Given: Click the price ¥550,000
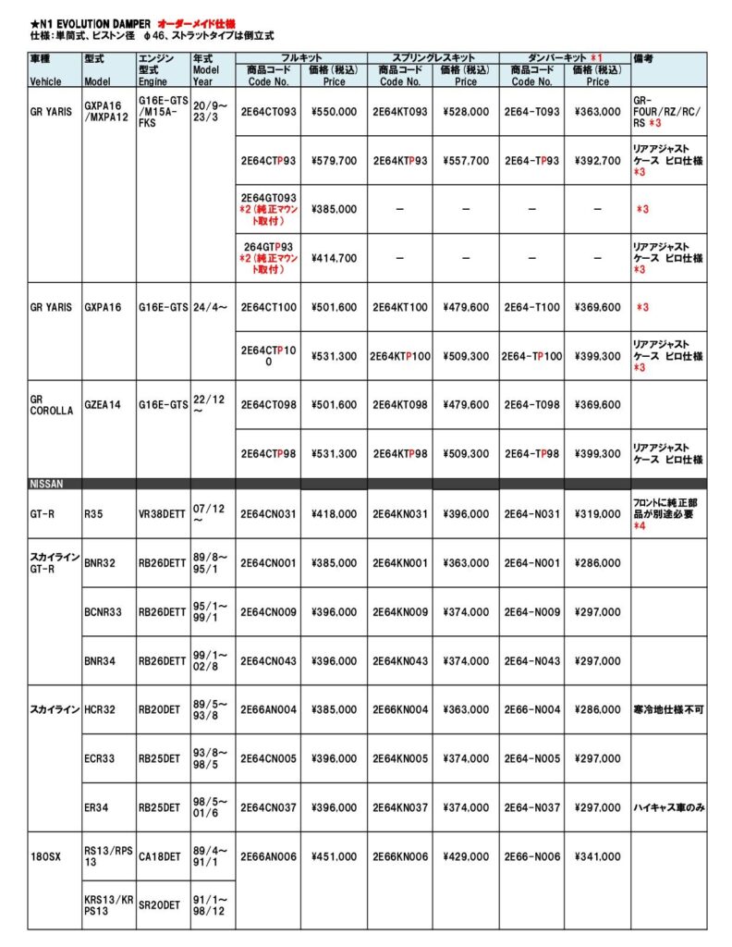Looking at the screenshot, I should click(334, 112).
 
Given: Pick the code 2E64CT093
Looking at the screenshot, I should click(269, 112).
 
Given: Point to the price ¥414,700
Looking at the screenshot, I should click(334, 258).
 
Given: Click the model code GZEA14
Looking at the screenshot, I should click(102, 404).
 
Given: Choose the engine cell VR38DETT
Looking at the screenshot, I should click(162, 514).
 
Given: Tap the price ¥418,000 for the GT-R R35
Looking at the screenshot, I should click(334, 514).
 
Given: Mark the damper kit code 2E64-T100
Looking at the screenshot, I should click(532, 308).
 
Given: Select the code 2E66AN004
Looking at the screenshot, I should click(269, 709).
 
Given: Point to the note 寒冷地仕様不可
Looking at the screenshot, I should click(668, 709).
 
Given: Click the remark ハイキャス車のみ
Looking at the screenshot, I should click(668, 807).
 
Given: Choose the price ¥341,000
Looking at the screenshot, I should click(597, 856).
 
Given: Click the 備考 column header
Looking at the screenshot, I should click(644, 57).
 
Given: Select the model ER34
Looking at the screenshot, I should click(96, 807).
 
